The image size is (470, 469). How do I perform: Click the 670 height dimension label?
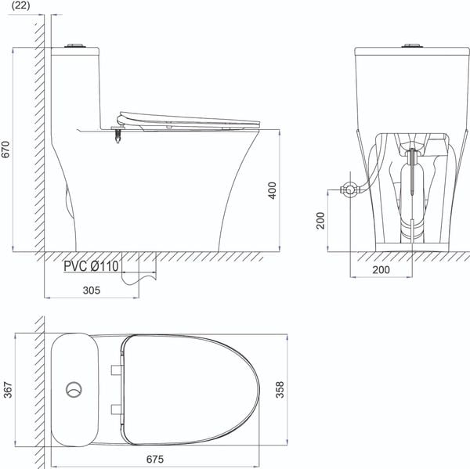[6, 150]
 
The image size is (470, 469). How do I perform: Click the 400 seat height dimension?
[272, 190]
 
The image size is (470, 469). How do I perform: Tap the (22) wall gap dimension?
[20, 5]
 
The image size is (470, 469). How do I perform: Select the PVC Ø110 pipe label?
[91, 266]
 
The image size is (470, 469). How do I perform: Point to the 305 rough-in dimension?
[92, 290]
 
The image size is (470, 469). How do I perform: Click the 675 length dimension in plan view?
[155, 459]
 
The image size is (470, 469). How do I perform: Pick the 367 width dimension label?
[8, 390]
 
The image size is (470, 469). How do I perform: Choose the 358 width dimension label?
[280, 390]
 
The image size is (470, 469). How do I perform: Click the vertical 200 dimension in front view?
[320, 221]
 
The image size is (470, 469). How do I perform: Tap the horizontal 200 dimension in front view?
[381, 269]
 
